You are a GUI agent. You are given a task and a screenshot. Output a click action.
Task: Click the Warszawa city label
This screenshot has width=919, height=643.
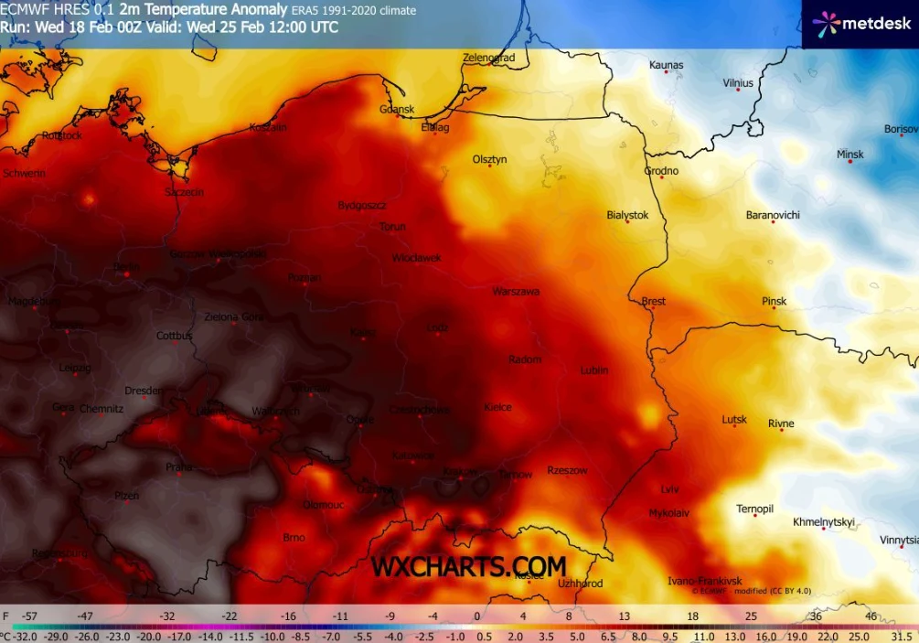click(x=516, y=292)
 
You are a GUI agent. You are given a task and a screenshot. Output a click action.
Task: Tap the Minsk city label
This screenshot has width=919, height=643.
click(x=850, y=155)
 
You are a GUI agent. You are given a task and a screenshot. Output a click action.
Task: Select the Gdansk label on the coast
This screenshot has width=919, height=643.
click(x=397, y=110)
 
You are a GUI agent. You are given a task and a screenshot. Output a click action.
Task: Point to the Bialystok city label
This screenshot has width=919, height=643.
click(x=627, y=215)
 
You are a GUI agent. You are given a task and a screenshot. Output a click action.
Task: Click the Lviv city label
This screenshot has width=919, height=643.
click(x=669, y=490)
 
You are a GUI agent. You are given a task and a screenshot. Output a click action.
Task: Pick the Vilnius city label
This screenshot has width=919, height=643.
click(x=738, y=83)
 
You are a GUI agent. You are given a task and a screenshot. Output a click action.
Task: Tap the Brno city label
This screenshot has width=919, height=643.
click(x=294, y=538)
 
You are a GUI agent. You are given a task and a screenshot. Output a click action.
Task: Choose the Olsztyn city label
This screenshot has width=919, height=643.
click(x=489, y=159)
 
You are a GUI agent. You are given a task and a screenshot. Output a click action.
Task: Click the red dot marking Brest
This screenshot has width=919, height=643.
click(x=652, y=307)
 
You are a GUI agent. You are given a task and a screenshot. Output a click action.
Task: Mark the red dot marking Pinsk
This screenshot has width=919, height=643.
click(x=774, y=307)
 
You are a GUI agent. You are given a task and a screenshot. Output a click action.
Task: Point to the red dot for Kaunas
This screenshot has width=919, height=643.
click(x=666, y=71)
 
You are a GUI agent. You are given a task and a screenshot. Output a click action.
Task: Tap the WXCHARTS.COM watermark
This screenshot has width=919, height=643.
click(x=468, y=567)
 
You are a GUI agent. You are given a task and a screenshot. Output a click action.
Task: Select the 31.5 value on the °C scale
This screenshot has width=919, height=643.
click(x=902, y=636)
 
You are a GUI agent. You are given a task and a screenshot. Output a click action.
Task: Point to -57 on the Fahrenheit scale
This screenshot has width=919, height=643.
click(x=31, y=616)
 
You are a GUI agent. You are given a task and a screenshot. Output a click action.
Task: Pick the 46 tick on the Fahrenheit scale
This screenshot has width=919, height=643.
click(x=870, y=616)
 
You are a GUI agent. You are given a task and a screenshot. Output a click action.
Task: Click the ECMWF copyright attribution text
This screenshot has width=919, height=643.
click(x=753, y=591)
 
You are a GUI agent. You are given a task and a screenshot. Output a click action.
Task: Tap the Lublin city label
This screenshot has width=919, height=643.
click(x=594, y=370)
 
